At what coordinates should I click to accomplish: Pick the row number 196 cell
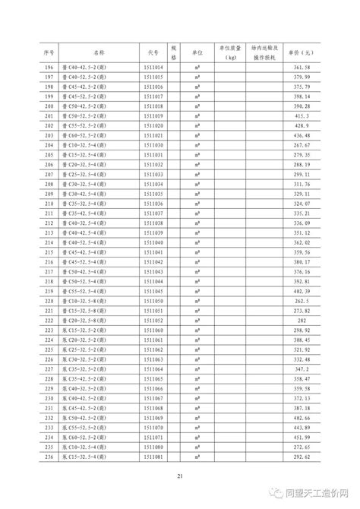(x=50, y=68)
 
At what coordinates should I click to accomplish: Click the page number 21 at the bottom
(x=180, y=476)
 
